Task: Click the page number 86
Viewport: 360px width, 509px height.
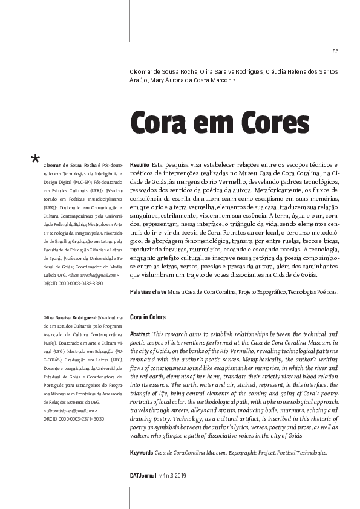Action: coord(335,50)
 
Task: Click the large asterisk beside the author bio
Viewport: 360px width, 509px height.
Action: coord(35,160)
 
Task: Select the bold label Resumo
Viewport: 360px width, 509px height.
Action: coord(139,164)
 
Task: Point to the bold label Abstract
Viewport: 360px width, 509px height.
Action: coord(140,334)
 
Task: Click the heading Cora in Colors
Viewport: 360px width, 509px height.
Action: coord(148,317)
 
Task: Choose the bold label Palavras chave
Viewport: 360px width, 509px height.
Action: coord(148,292)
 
